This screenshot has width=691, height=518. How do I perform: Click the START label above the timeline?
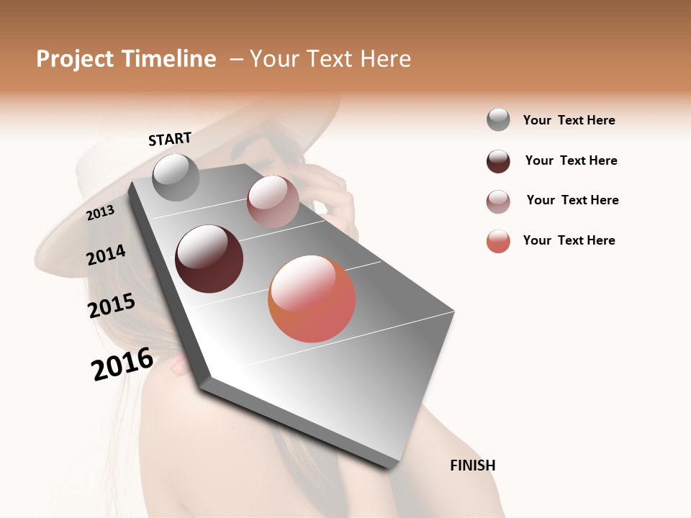(170, 139)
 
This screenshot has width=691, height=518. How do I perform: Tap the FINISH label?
(472, 465)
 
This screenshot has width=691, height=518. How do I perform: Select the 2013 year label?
(100, 212)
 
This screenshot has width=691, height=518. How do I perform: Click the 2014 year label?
(106, 255)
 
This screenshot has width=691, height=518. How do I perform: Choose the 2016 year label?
(122, 363)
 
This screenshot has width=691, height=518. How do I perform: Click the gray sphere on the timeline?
(176, 177)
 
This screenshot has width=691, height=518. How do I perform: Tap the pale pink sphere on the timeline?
(273, 201)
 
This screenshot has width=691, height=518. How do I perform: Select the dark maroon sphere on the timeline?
(209, 259)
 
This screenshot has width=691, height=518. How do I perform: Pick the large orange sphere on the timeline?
(312, 299)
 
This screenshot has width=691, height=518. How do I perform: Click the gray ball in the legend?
(498, 120)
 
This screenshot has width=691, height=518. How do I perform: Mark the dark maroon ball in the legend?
(498, 161)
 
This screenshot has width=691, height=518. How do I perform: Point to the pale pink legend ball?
(498, 201)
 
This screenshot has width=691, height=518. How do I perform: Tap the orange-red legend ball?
(498, 241)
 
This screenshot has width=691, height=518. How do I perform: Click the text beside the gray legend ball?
(569, 120)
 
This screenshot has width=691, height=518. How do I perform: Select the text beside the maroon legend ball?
(571, 160)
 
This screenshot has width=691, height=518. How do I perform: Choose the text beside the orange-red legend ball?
(569, 240)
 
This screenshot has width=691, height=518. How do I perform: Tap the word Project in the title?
(74, 59)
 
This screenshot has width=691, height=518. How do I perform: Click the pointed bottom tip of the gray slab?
(393, 466)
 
